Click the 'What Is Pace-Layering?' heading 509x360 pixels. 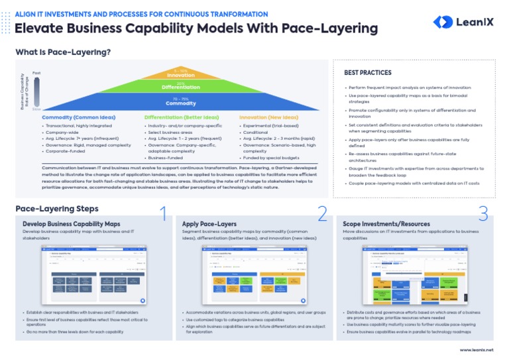click(x=63, y=52)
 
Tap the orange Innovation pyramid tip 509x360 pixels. click(x=181, y=73)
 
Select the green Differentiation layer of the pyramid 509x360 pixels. click(x=181, y=87)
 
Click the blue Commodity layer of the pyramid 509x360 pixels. click(x=181, y=101)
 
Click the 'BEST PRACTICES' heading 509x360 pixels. click(x=368, y=73)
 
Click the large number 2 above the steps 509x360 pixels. click(x=323, y=213)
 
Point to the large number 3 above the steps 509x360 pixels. click(x=482, y=213)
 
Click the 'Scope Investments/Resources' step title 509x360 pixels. click(x=377, y=224)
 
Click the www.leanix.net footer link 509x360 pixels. click(x=477, y=349)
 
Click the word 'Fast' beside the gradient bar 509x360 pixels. click(x=36, y=72)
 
